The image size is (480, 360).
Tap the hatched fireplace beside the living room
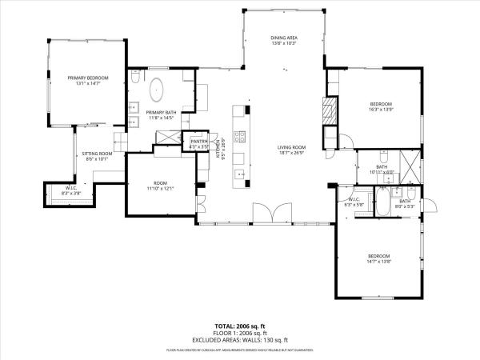point(328,110)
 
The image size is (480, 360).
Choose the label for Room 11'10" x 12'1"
point(161,186)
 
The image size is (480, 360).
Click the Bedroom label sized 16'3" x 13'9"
point(380,106)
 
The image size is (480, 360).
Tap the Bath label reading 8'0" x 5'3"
point(405,203)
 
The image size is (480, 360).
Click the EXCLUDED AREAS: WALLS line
point(239,341)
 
